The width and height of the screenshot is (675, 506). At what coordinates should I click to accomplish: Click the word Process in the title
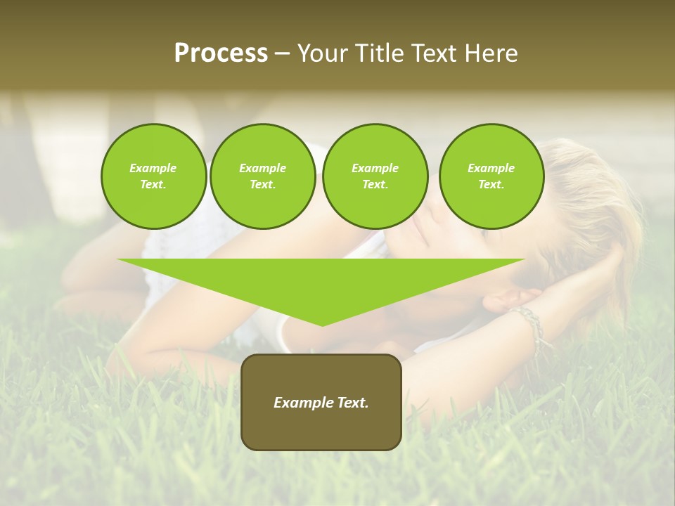[x=221, y=53]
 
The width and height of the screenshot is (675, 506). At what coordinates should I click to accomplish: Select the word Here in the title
[x=491, y=53]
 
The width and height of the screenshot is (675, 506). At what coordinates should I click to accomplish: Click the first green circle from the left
[x=154, y=176]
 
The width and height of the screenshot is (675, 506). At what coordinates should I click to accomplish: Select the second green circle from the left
[x=263, y=176]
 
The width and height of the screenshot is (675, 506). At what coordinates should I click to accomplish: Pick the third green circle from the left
[x=375, y=176]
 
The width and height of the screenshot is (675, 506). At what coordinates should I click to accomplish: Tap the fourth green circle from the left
[x=491, y=176]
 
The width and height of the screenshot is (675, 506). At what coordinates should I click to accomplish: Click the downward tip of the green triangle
[x=322, y=324]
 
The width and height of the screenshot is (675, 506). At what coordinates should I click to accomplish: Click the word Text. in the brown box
[x=352, y=403]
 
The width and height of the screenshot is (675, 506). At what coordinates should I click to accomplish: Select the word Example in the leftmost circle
[x=153, y=168]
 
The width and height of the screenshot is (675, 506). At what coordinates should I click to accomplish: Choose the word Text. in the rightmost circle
[x=491, y=185]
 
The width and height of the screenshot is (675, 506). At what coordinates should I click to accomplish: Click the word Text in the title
[x=435, y=53]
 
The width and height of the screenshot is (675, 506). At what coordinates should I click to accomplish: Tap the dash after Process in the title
[x=282, y=53]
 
